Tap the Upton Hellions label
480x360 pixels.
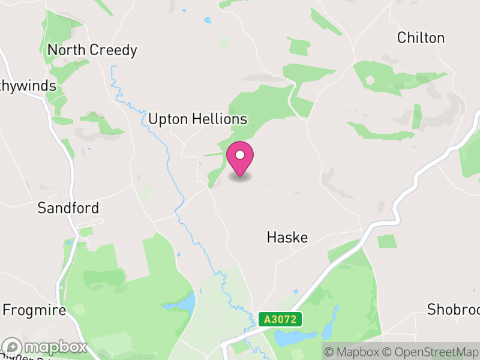197,119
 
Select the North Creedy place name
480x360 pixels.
92,50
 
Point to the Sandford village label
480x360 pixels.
68,208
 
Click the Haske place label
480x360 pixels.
287,238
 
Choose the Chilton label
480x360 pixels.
421,38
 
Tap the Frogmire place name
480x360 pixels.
34,310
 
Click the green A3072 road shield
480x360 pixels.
280,319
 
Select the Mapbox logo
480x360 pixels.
45,347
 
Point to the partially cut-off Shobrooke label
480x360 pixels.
454,310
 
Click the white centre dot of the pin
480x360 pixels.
240,155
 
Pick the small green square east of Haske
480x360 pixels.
387,241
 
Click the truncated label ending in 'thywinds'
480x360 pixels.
28,86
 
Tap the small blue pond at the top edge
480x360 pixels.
208,20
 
